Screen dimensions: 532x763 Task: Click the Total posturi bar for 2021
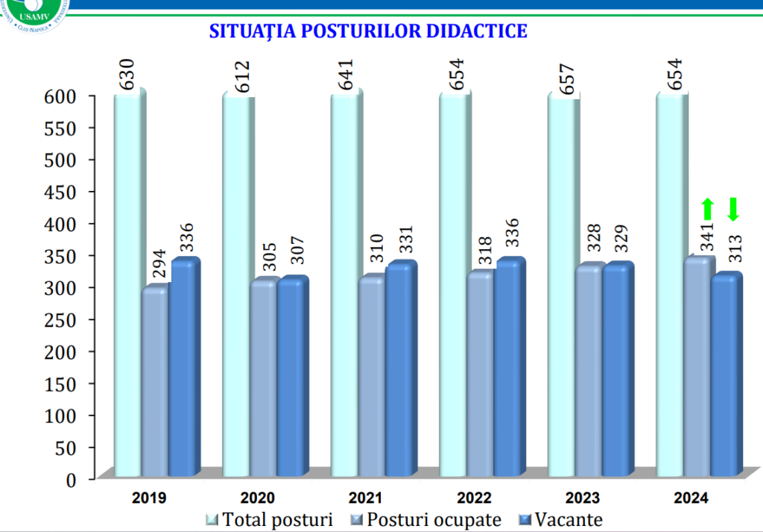click(344, 284)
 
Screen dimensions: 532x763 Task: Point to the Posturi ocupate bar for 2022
click(480, 373)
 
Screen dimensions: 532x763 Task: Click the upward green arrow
click(707, 210)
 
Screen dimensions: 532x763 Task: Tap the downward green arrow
click(733, 210)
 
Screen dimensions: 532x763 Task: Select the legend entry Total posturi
click(270, 519)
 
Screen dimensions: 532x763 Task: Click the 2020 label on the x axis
click(259, 498)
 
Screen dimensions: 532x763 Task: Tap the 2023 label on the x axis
click(583, 498)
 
